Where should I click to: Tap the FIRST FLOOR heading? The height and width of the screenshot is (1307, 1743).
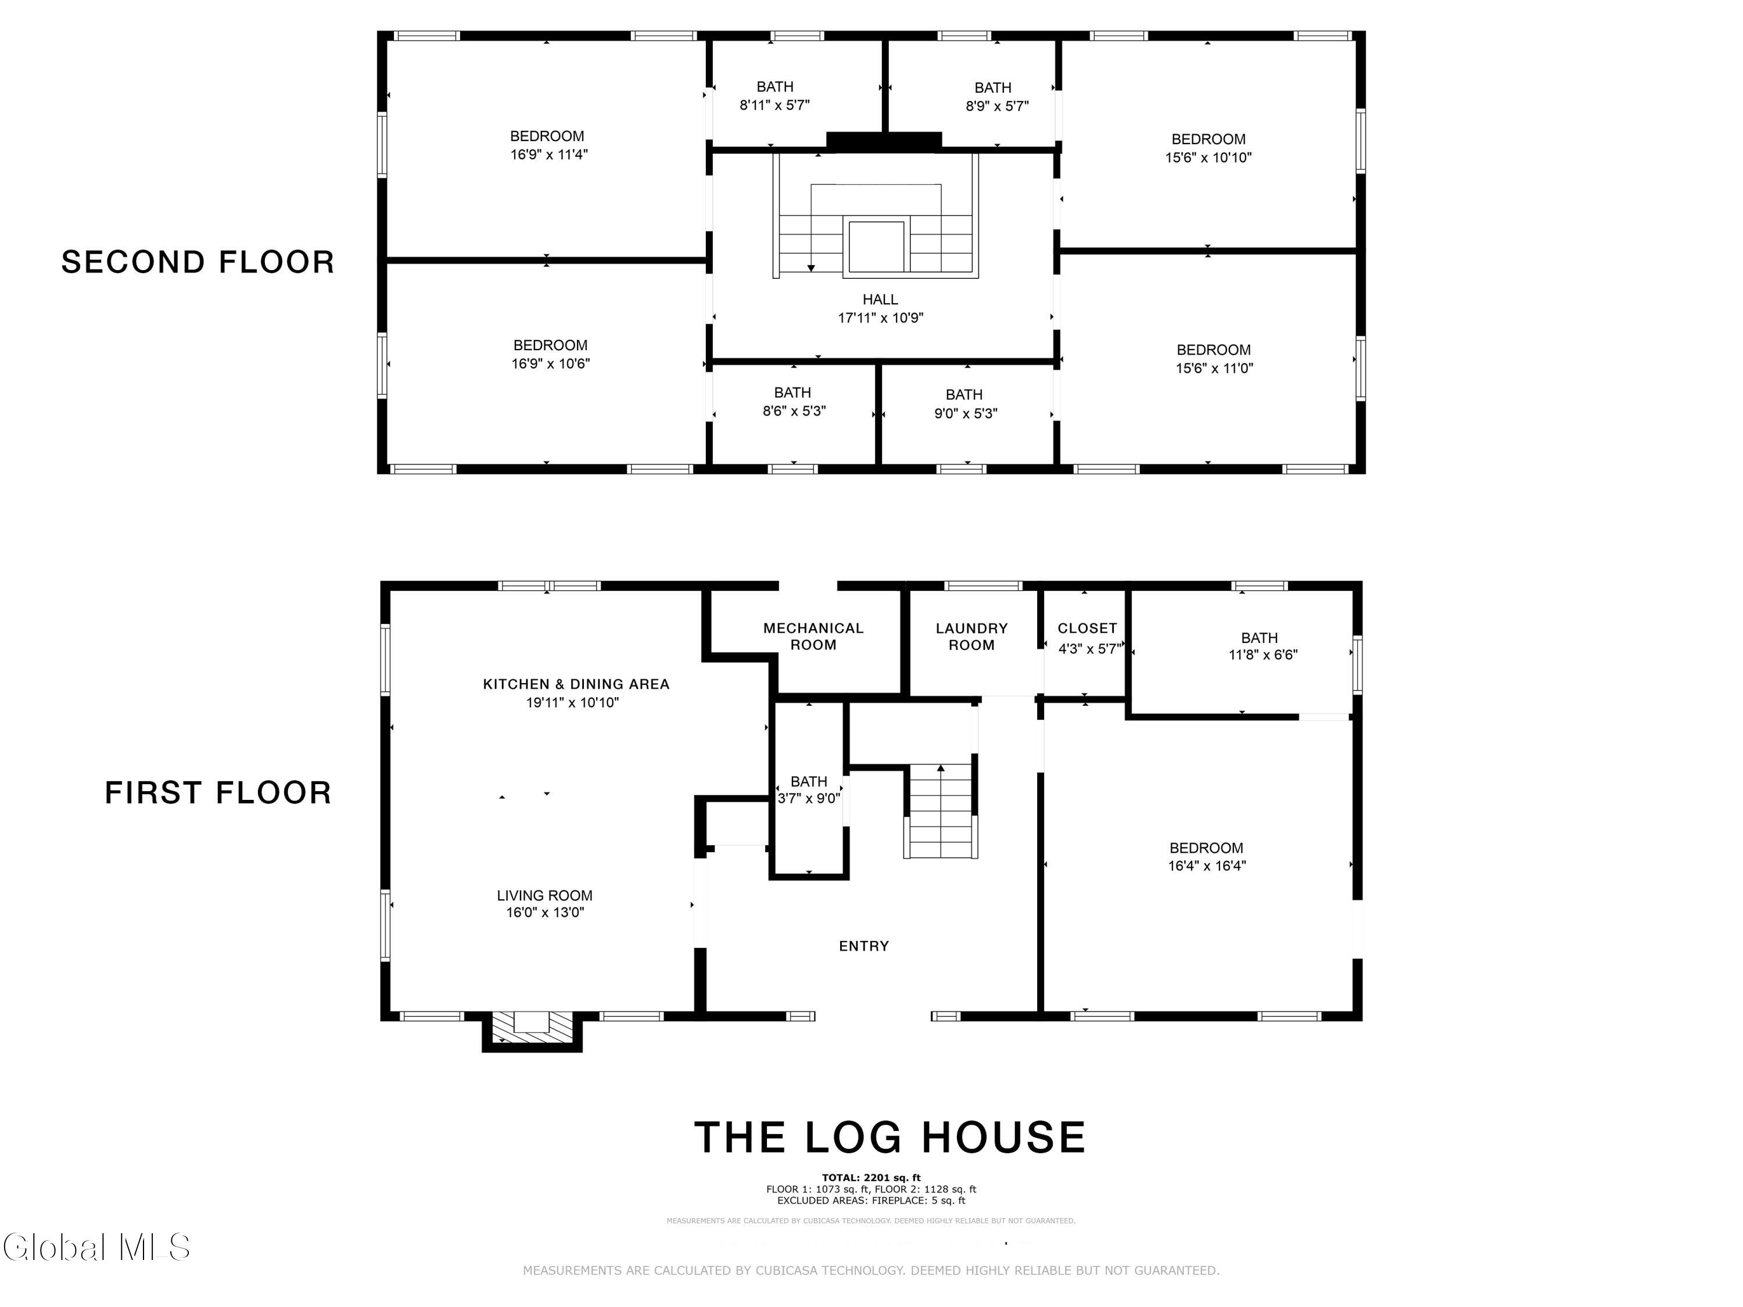218,792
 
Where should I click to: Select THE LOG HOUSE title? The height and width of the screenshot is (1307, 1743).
890,1137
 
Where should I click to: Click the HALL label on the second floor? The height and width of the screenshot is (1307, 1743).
880,299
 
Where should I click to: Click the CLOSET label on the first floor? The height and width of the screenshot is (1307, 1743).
1088,628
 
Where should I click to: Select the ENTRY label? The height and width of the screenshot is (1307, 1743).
863,946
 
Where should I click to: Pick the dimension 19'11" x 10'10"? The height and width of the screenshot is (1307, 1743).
573,702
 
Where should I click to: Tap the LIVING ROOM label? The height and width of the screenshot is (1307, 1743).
544,896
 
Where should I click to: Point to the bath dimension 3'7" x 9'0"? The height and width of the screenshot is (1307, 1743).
809,798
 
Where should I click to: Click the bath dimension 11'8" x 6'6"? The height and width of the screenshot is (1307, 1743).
1263,655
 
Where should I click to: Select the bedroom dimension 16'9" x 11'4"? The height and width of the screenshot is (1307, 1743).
549,155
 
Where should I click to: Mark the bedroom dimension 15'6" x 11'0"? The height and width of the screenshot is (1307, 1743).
1214,368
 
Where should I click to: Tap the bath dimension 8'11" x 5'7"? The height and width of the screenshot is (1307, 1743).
774,105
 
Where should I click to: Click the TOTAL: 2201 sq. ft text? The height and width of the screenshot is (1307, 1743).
871,1178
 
